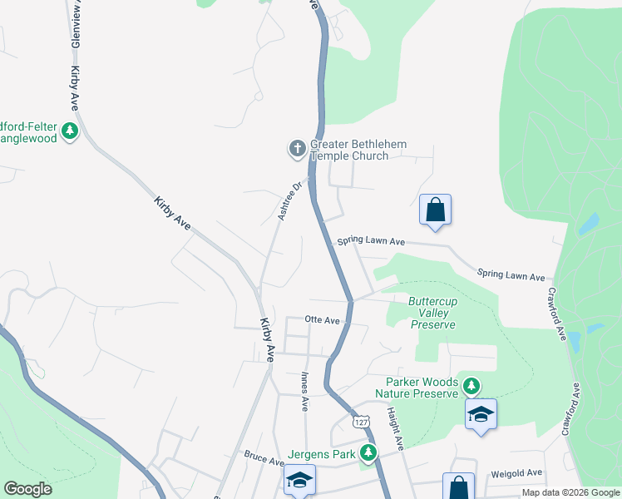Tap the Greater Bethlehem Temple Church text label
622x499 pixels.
[x=358, y=150]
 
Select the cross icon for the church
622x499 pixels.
[x=297, y=150]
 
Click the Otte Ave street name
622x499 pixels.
[x=323, y=319]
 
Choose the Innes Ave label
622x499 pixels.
[x=304, y=391]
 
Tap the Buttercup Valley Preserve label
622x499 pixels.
[x=433, y=313]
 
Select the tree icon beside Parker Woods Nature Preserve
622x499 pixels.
[x=471, y=385]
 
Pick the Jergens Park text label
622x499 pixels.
[x=323, y=454]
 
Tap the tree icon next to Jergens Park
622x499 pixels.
[x=367, y=454]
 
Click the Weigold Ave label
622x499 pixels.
[x=516, y=472]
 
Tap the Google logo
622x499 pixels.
[x=28, y=489]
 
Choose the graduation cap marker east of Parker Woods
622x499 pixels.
[x=481, y=414]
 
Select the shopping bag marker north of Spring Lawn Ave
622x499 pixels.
[x=435, y=210]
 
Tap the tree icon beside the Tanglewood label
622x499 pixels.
[x=71, y=131]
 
